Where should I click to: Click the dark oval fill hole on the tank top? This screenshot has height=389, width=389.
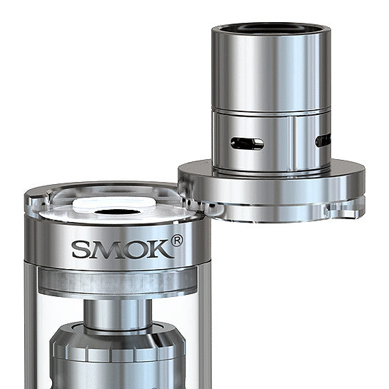pos(118,213)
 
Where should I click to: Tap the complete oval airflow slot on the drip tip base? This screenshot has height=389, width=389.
pos(247,143)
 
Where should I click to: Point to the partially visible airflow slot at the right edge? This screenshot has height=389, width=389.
pos(323,141)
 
